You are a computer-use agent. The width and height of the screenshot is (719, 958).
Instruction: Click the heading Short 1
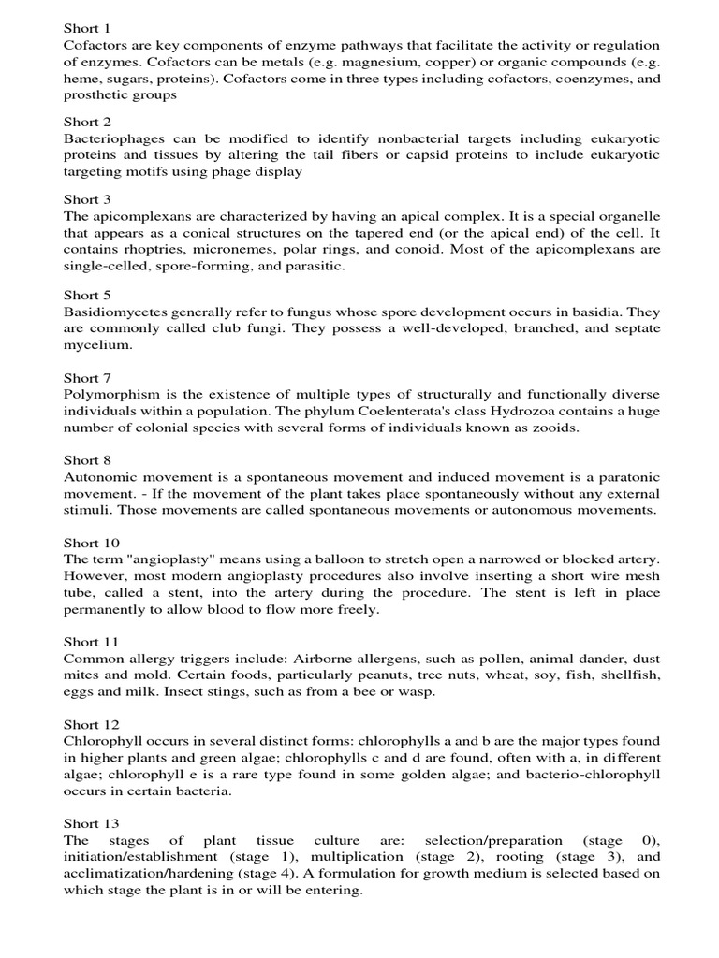[x=87, y=28]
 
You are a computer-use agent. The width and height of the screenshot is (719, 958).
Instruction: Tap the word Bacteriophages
[x=110, y=138]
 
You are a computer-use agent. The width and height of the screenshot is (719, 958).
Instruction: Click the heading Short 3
[x=87, y=199]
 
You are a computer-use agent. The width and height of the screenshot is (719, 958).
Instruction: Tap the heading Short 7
[x=87, y=378]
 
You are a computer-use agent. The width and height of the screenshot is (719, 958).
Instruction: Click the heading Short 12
[x=91, y=724]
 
